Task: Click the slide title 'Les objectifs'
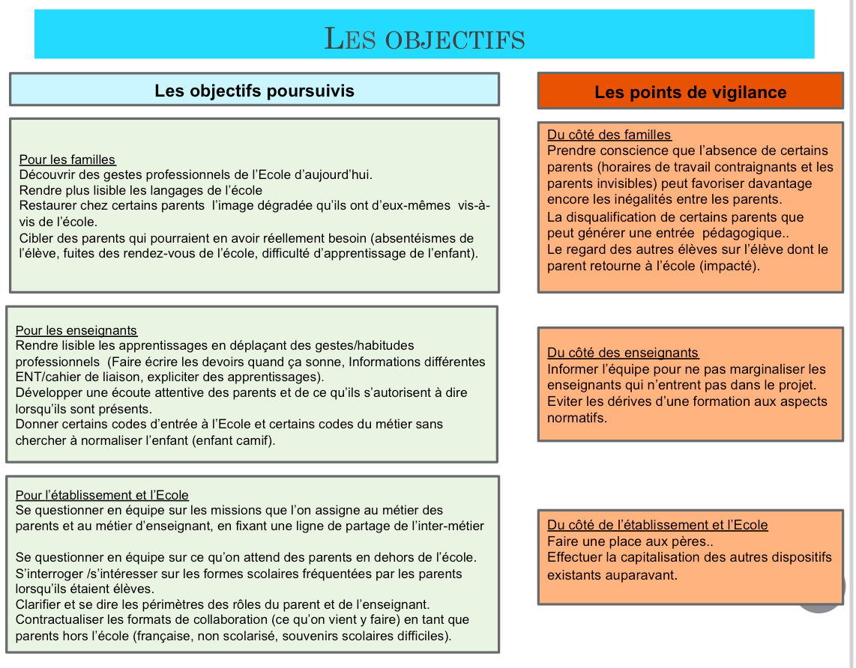pos(424,37)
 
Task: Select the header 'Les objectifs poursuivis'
pos(254,91)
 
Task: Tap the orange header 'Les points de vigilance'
pos(690,92)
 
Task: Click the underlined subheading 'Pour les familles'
pos(67,160)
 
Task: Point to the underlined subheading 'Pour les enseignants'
pos(76,330)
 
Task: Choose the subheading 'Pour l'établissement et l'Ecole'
pos(102,495)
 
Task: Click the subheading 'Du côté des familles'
pos(609,135)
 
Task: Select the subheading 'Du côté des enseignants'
pos(622,353)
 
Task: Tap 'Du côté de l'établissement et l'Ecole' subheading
pos(657,525)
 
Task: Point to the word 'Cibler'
pos(35,238)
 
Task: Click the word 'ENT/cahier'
pos(46,377)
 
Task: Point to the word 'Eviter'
pos(564,401)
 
